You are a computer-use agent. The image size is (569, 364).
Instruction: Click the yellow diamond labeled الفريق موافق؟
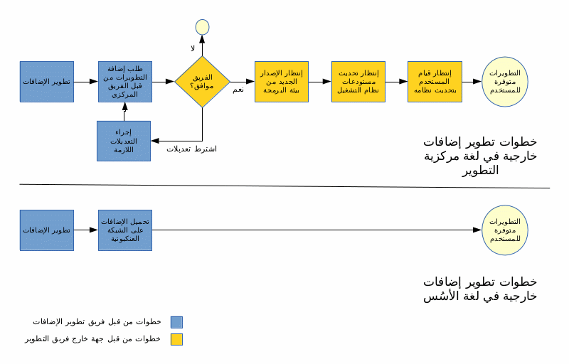tap(202, 82)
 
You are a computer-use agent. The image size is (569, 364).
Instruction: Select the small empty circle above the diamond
tap(202, 27)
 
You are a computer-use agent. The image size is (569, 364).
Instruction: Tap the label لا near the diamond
tap(192, 48)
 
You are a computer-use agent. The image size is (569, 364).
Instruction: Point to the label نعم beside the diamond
tap(238, 90)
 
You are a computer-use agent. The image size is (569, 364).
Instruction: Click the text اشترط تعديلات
tap(191, 149)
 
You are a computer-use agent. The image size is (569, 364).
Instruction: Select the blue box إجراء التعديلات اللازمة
tap(124, 141)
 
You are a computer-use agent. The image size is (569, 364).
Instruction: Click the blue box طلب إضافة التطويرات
tap(124, 82)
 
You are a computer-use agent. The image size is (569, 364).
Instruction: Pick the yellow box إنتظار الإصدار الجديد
tap(282, 82)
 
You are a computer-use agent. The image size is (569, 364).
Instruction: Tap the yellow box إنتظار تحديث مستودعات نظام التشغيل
tap(358, 82)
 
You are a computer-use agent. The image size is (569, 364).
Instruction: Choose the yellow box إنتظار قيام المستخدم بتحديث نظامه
tap(435, 82)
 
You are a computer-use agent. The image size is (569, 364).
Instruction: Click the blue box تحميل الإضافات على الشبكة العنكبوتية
tap(124, 230)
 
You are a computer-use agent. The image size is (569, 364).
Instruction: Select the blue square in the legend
tap(176, 322)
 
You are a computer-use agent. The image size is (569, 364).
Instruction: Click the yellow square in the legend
tap(176, 339)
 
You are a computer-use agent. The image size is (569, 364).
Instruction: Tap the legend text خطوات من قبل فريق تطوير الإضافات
tap(96, 322)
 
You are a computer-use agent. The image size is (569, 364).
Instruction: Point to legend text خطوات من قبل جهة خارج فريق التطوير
tap(92, 339)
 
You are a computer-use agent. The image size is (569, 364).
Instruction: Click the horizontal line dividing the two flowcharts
tap(284, 186)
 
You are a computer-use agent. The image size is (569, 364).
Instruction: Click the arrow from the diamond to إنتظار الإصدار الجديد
tap(242, 82)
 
